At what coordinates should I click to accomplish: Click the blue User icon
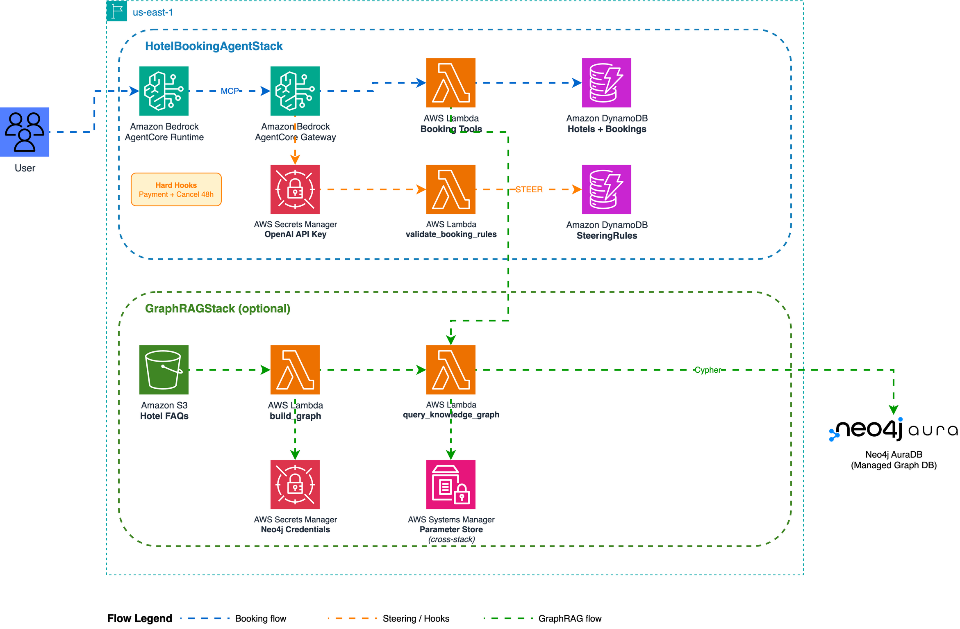pos(25,132)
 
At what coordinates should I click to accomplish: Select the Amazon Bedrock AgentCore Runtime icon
pos(164,91)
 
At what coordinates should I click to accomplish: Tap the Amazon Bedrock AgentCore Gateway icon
pos(295,91)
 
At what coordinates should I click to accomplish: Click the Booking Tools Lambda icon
pos(450,82)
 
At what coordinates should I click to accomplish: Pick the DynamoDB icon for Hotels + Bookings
pos(606,82)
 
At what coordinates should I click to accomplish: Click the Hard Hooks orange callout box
pos(176,189)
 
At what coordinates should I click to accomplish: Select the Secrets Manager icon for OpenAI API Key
pos(295,189)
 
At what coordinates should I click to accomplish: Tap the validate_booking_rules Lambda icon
pos(450,189)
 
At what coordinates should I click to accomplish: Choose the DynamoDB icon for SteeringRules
pos(606,189)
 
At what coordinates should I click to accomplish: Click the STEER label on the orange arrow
pos(529,189)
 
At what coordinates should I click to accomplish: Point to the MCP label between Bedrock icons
pos(230,91)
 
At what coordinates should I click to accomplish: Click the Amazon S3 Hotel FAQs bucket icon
pos(164,369)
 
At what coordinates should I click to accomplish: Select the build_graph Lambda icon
pos(295,369)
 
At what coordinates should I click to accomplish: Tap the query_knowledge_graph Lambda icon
pos(450,369)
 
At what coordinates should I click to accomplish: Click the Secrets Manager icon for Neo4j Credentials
pos(295,484)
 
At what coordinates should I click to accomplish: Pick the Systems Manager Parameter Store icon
pos(450,484)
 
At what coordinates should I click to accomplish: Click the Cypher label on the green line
pos(707,370)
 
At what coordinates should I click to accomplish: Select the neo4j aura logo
pos(894,429)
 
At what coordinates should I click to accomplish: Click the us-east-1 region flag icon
pos(117,11)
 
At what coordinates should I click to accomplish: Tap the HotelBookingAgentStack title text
pos(214,46)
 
